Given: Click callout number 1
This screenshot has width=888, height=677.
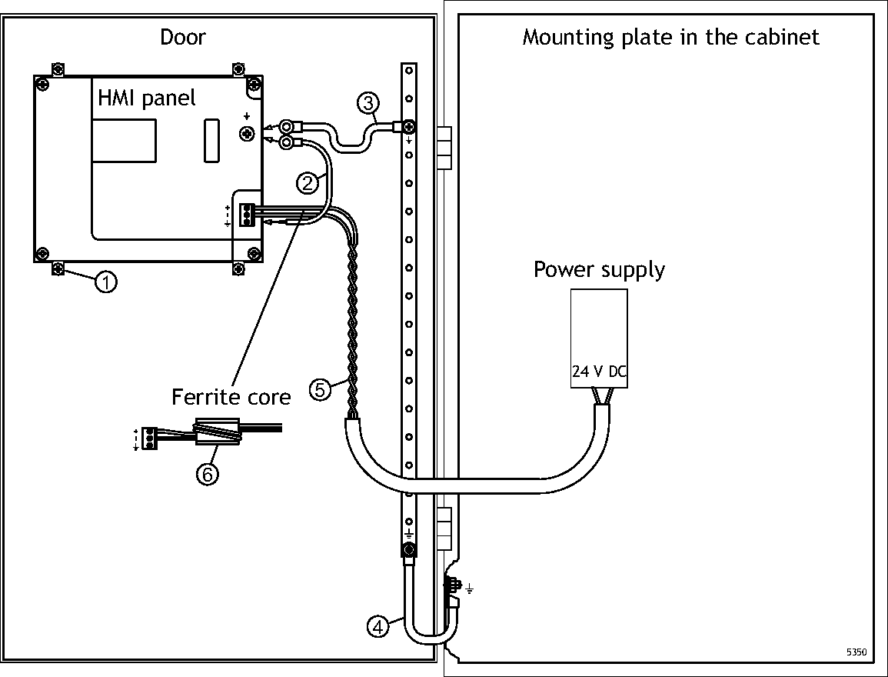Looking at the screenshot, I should [106, 282].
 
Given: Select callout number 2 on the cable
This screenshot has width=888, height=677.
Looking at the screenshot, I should [308, 182].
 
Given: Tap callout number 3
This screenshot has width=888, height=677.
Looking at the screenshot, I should [368, 102].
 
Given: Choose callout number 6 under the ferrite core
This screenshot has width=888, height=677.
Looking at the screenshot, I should [206, 474].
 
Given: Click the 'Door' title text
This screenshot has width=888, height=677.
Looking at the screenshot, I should [183, 37].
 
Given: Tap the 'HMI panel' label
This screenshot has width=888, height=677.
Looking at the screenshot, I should [146, 98].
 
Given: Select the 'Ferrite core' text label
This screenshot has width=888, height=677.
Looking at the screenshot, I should [231, 397].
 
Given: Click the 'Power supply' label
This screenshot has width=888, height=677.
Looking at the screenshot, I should [599, 270].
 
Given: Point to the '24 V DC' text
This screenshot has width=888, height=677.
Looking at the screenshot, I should [599, 372].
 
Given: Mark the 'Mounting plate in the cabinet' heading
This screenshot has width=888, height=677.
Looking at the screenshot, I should [670, 37].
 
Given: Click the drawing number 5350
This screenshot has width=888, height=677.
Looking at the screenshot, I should [856, 652].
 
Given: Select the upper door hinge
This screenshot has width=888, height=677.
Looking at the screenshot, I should [444, 147].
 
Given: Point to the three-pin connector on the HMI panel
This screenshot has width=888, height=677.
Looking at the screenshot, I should [246, 215].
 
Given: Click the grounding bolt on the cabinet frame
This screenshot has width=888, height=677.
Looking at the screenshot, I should [451, 586].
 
